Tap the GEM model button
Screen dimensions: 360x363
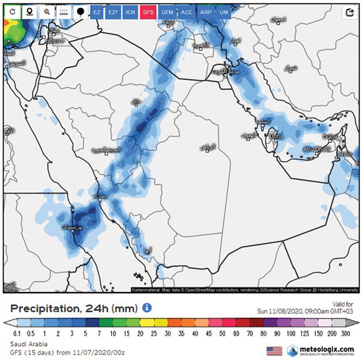point(167,12)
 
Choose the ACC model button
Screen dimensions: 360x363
point(187,12)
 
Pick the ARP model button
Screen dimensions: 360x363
point(206,12)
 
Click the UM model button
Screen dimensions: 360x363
point(224,12)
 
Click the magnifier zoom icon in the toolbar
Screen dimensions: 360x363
point(46,12)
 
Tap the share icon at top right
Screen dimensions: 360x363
point(350,12)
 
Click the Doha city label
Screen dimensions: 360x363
point(276,136)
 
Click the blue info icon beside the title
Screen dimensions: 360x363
point(147,308)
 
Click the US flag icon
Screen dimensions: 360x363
point(274,351)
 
